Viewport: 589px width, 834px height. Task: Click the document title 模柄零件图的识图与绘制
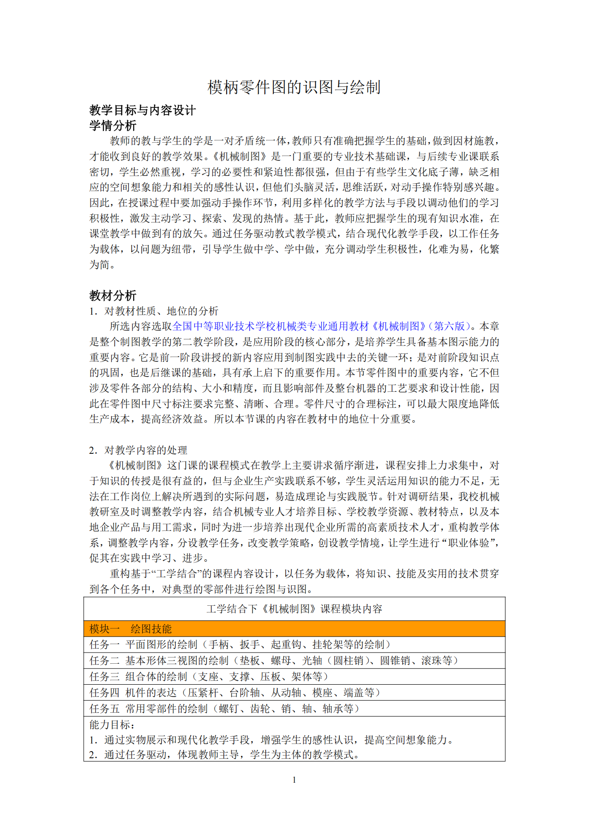pyautogui.click(x=294, y=87)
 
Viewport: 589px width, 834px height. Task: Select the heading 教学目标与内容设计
pyautogui.click(x=142, y=110)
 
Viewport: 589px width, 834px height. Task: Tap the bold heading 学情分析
pyautogui.click(x=113, y=125)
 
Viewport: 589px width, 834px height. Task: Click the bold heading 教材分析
pyautogui.click(x=113, y=295)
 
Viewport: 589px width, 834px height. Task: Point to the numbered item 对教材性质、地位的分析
pyautogui.click(x=161, y=311)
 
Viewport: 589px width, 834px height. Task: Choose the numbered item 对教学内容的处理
pyautogui.click(x=146, y=450)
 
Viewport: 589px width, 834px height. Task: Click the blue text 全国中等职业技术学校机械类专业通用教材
pyautogui.click(x=271, y=326)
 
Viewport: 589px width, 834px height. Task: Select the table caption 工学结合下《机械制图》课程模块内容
pyautogui.click(x=294, y=609)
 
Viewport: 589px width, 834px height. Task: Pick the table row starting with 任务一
pyautogui.click(x=240, y=645)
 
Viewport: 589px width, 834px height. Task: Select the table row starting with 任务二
pyautogui.click(x=274, y=661)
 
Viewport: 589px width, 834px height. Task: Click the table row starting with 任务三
pyautogui.click(x=209, y=677)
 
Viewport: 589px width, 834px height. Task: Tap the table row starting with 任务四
pyautogui.click(x=235, y=693)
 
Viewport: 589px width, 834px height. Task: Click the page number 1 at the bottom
pyautogui.click(x=294, y=780)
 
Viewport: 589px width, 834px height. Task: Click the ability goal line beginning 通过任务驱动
pyautogui.click(x=232, y=754)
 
